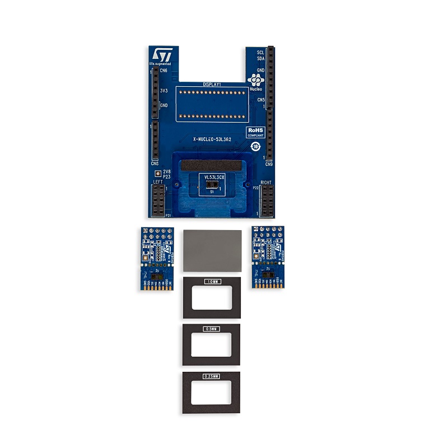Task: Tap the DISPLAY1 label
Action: [212, 84]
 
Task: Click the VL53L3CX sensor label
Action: [214, 177]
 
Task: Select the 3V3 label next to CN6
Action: [164, 90]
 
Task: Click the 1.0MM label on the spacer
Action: [212, 281]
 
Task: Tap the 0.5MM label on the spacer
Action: [212, 328]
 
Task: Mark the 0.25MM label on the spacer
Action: [212, 376]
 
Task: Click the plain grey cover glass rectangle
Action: [212, 250]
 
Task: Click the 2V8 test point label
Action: [166, 172]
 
